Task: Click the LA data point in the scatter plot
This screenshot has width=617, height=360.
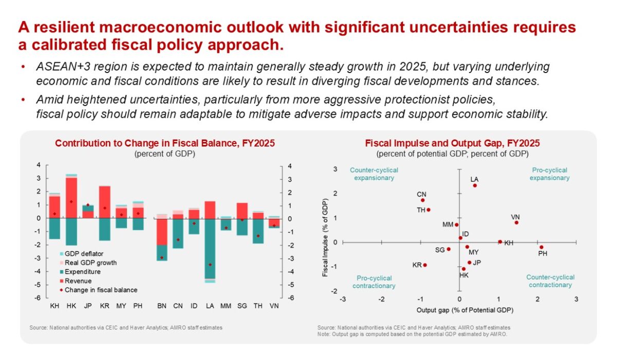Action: (475, 186)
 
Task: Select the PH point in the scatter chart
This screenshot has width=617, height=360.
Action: (541, 247)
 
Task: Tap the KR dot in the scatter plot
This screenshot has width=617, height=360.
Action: (425, 265)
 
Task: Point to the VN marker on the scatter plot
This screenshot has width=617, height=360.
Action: (516, 223)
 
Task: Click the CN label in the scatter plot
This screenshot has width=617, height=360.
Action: (422, 194)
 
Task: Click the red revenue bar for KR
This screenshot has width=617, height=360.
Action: (104, 202)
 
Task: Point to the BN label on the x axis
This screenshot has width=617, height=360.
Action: (161, 307)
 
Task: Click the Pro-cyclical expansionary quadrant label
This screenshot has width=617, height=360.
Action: (550, 174)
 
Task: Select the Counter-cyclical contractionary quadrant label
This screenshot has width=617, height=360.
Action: (550, 281)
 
